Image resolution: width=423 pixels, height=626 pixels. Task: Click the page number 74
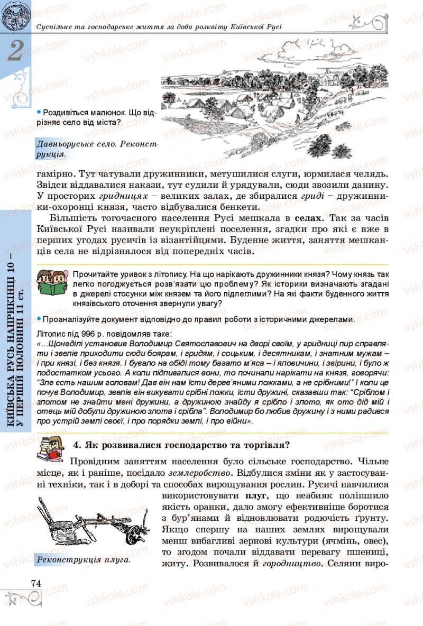[36, 583]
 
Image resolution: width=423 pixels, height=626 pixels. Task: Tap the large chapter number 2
[16, 51]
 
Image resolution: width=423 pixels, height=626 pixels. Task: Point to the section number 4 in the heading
[76, 445]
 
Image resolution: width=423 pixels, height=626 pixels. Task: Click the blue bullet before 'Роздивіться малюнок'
[39, 112]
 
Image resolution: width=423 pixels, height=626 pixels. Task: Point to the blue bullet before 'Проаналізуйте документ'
[39, 319]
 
